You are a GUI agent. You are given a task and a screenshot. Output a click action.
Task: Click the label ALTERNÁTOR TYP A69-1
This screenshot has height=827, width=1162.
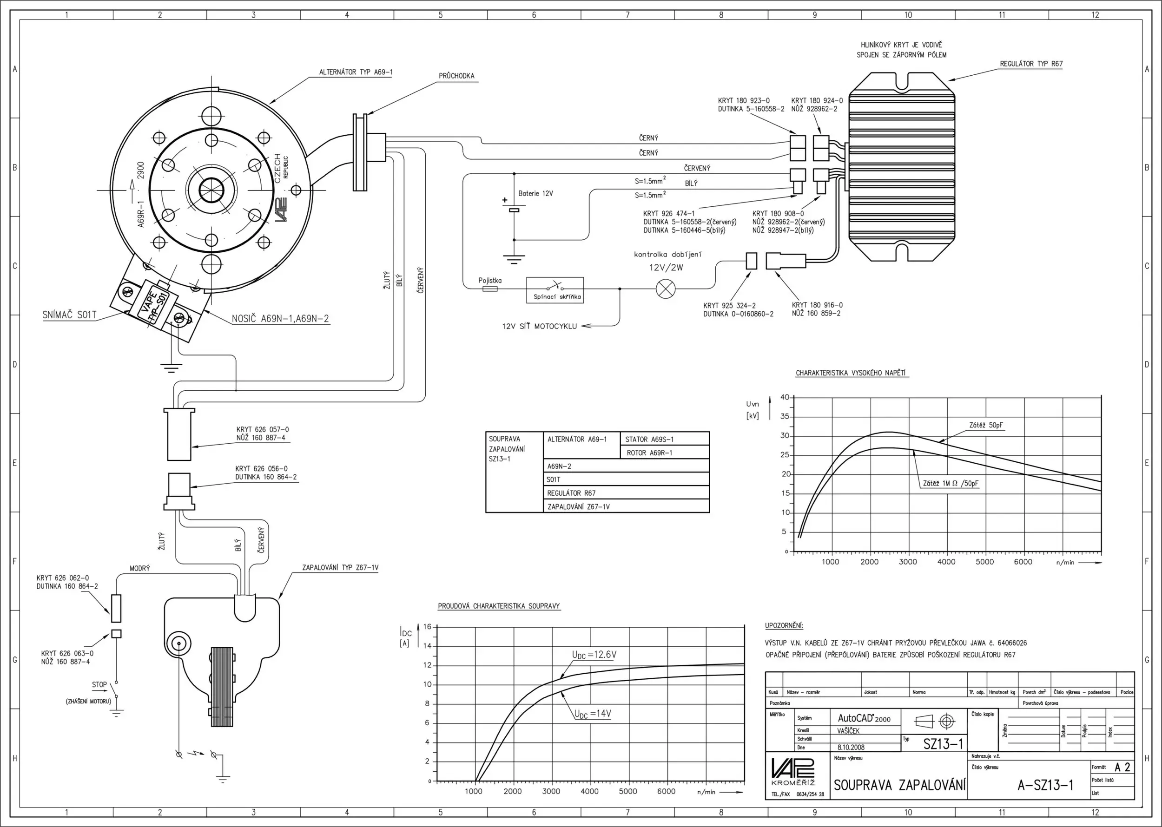coord(356,72)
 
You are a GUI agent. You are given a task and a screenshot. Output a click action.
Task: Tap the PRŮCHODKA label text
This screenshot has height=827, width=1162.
coord(456,76)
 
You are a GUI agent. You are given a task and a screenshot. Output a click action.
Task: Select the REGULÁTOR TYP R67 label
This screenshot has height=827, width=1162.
coord(1031,64)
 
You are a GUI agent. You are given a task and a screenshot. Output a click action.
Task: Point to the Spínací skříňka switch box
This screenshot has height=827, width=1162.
coord(555,290)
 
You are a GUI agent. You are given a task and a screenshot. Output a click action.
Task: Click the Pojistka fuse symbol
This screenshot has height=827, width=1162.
coord(489,289)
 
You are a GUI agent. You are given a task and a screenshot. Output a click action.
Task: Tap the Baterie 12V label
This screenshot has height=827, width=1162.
coord(535,194)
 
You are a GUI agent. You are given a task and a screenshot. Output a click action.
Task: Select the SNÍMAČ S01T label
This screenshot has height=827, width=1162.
coord(69,315)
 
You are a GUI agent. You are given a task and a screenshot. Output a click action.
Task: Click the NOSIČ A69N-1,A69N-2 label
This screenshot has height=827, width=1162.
coord(280,319)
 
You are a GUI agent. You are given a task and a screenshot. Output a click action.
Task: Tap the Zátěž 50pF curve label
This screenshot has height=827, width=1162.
coord(986,425)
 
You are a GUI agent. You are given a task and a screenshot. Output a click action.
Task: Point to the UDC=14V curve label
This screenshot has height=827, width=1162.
coord(593,714)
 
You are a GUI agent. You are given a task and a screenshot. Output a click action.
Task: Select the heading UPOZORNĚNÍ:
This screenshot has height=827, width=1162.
coord(784,625)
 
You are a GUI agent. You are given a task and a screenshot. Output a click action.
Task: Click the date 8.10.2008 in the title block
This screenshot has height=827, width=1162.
coord(851,748)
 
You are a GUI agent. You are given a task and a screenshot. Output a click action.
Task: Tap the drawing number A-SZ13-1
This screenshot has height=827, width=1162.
coord(1045,785)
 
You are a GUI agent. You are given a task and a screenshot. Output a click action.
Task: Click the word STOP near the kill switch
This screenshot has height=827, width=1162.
coord(99,684)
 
